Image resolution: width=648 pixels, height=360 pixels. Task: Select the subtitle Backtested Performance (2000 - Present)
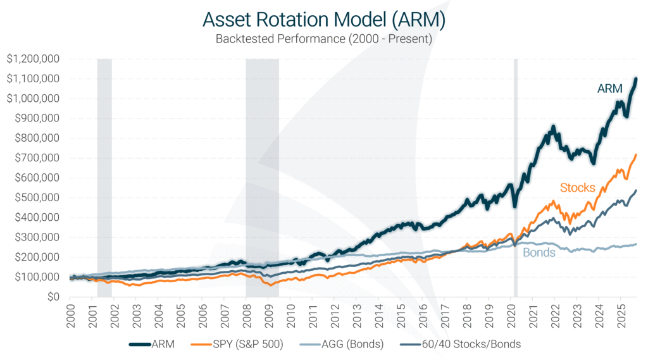(324, 39)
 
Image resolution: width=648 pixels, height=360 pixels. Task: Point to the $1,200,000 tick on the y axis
(33, 59)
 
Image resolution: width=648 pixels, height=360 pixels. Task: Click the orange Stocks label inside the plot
(577, 187)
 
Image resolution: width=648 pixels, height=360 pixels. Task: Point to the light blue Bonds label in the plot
(539, 252)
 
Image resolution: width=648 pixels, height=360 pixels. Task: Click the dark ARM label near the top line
(610, 89)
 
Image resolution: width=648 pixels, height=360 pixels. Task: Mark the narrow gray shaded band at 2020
(515, 177)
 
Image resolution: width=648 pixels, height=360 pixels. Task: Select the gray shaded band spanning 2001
(104, 177)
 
